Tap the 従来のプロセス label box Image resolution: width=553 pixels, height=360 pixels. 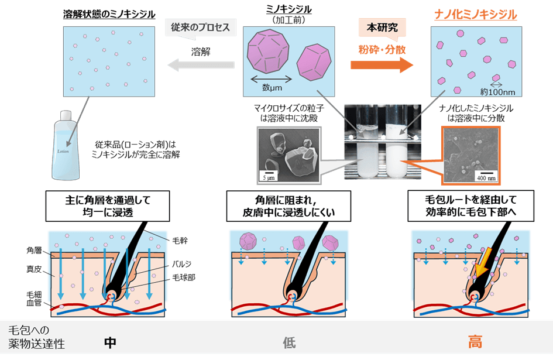201,28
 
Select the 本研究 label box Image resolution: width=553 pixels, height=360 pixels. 382,28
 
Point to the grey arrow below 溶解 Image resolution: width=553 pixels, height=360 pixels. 200,67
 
